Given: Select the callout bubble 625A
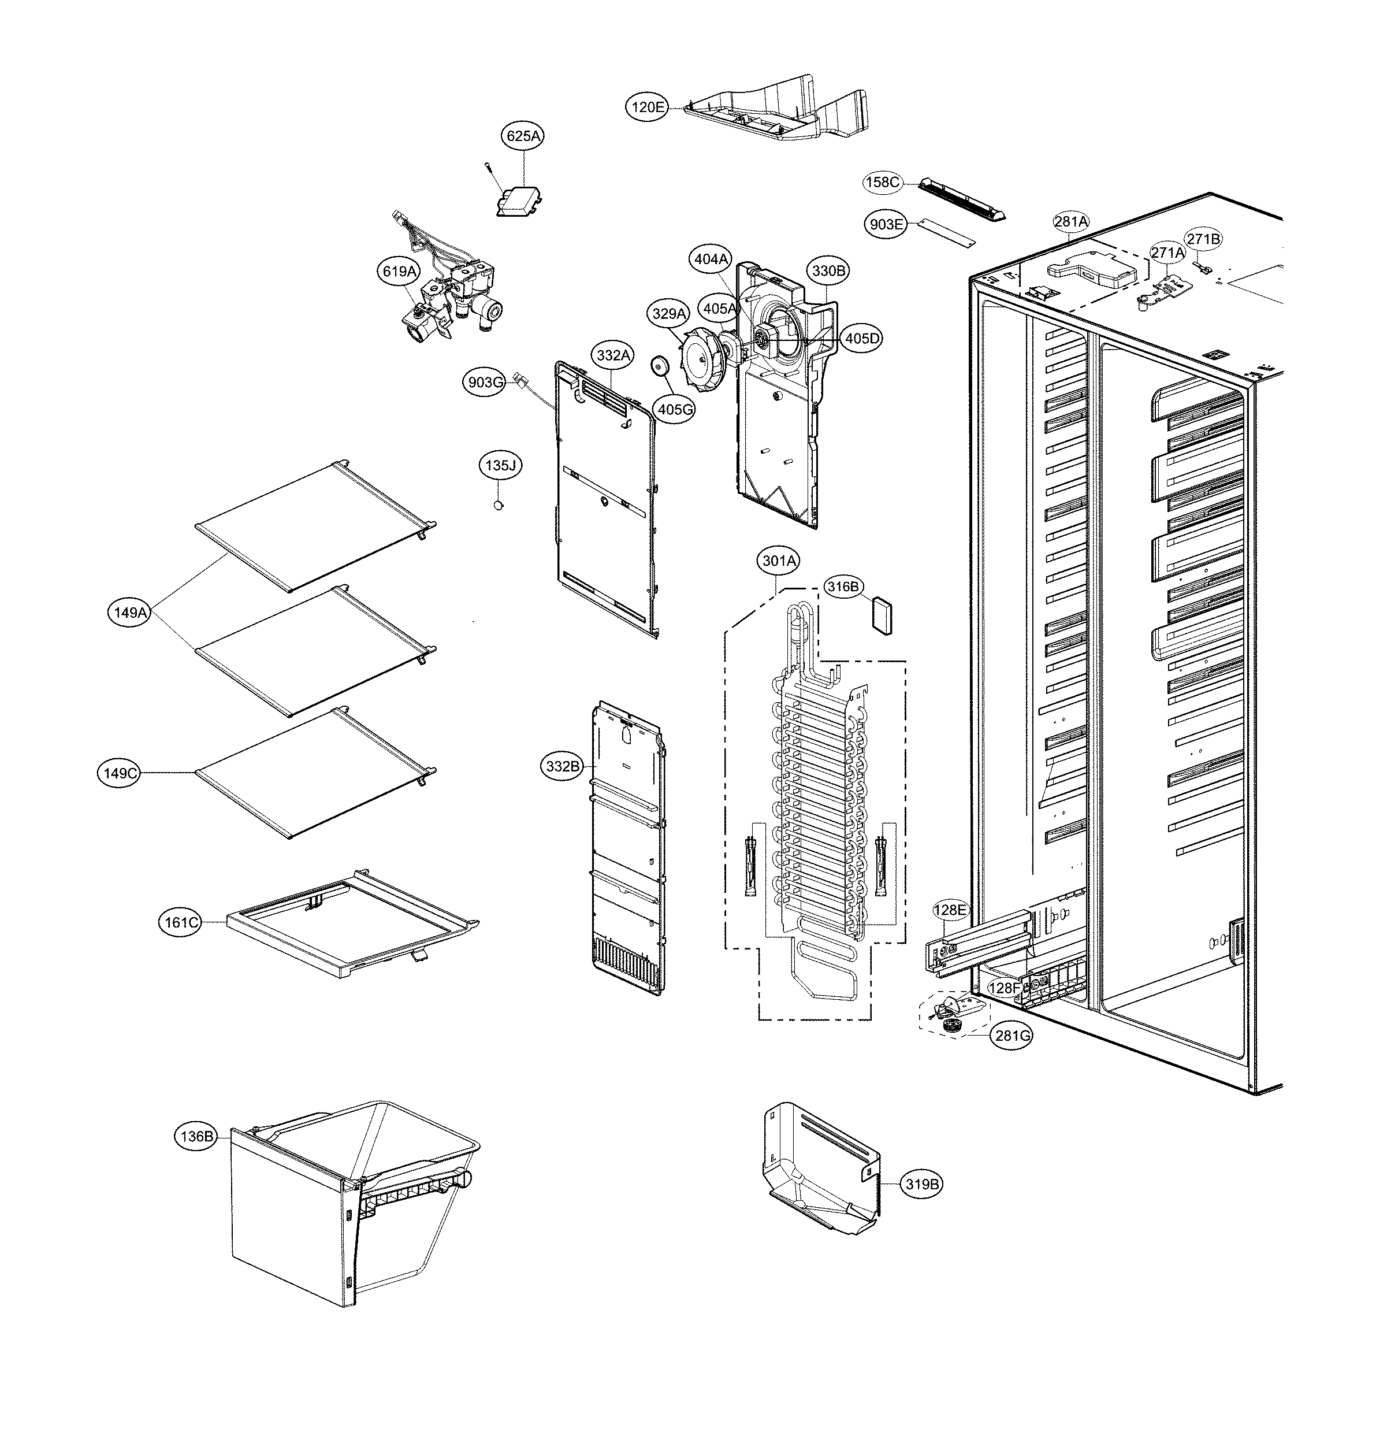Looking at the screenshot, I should (x=524, y=136).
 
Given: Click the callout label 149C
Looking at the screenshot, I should (x=120, y=773).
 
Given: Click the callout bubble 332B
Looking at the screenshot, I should (x=563, y=767).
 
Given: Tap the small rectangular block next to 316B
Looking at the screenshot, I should (x=882, y=615).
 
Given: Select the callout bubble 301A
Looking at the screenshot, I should (x=779, y=561).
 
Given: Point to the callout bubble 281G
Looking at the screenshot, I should (x=1013, y=1036).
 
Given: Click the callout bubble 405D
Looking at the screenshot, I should (x=862, y=338).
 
